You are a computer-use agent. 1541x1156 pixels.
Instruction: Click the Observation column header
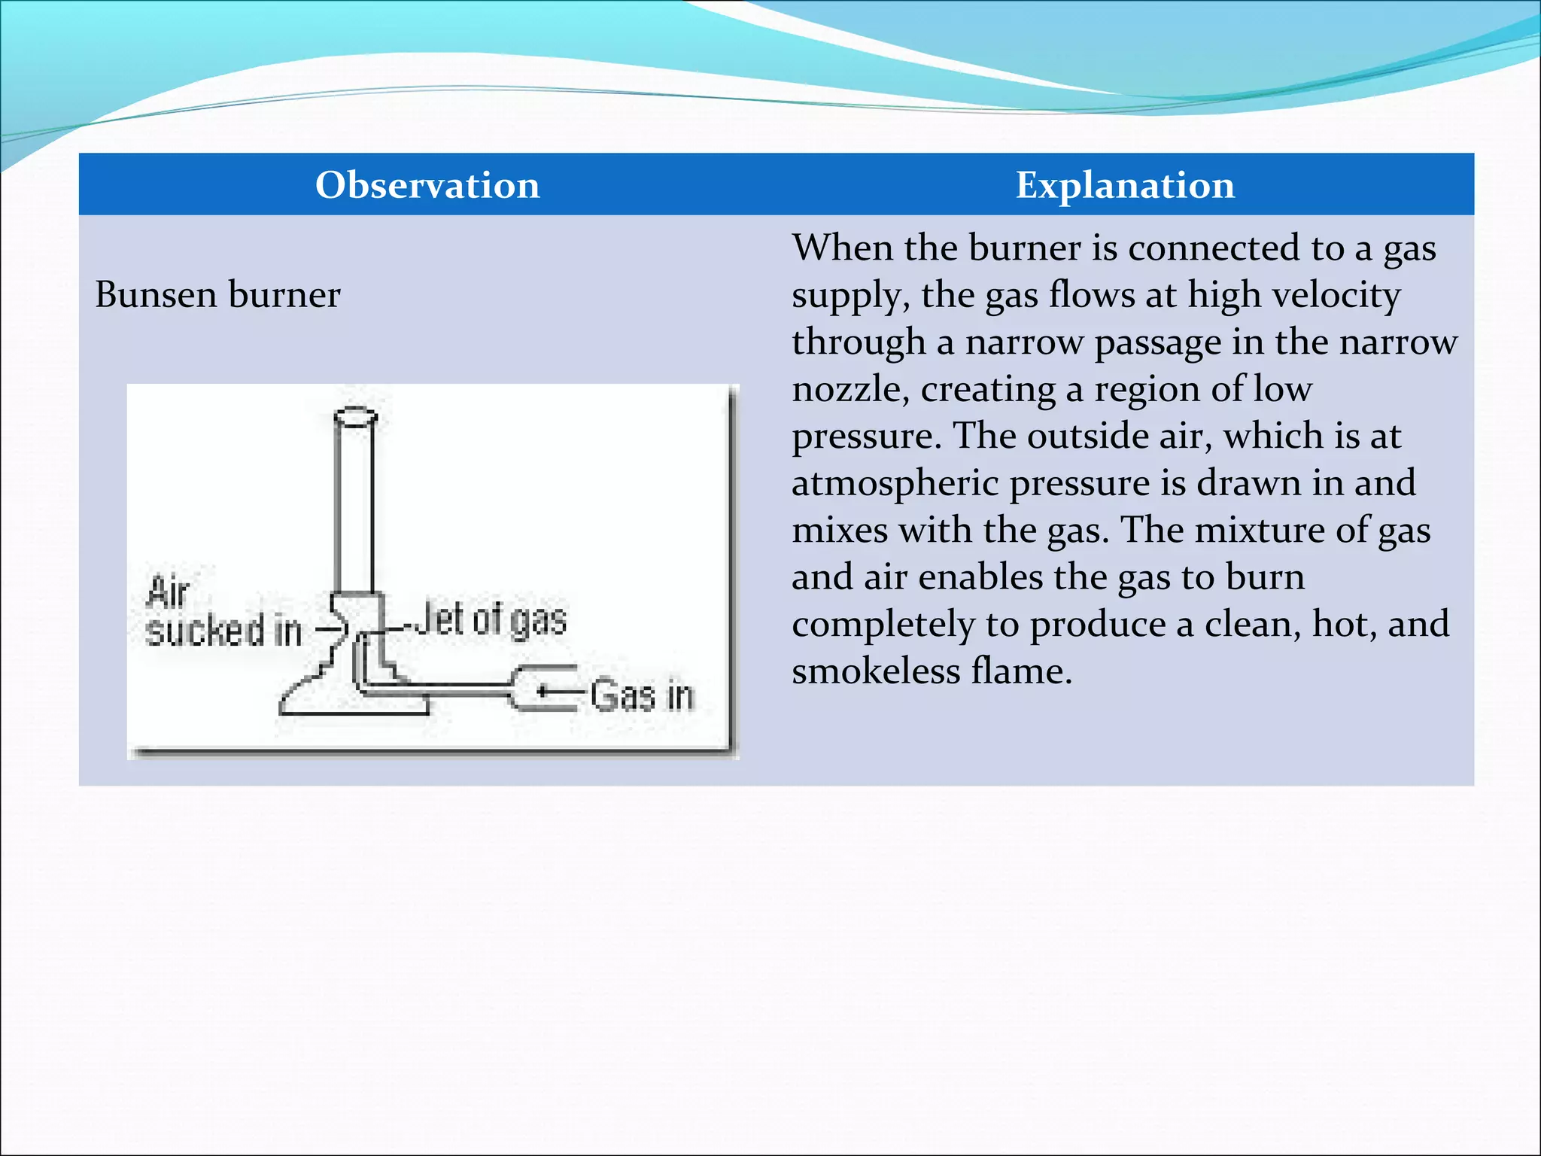(x=427, y=185)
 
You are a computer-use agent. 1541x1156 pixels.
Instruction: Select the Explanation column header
(x=1125, y=185)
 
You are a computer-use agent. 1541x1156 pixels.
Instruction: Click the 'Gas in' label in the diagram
(x=641, y=695)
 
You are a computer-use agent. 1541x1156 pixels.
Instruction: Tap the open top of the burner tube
(x=354, y=415)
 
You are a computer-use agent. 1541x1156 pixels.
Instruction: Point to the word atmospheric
(x=894, y=483)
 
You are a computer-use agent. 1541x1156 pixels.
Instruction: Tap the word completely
(x=883, y=625)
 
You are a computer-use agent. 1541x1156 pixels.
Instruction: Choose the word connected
(x=1215, y=248)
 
